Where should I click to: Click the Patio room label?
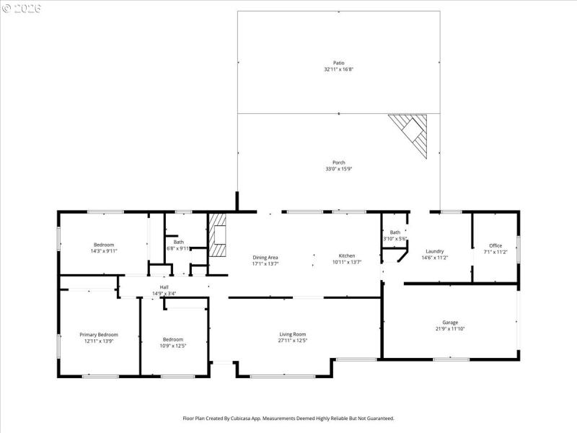pos(338,63)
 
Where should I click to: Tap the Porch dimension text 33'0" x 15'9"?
pos(338,169)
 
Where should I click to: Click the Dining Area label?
pos(265,258)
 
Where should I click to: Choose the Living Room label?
pos(293,333)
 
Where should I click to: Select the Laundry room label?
pos(434,251)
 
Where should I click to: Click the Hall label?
pos(164,287)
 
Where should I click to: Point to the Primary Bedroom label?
pos(98,334)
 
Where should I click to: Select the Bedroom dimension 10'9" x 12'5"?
pos(173,346)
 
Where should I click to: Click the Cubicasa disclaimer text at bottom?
pos(288,418)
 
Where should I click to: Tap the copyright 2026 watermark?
pos(22,8)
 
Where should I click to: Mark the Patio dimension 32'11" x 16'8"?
pos(338,69)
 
